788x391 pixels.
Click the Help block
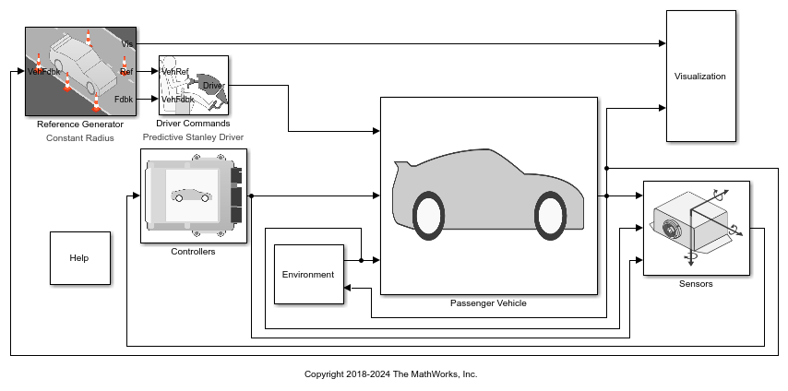tap(80, 258)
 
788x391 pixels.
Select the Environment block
tap(308, 275)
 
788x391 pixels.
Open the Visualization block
tap(701, 76)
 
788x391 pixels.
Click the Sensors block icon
tap(697, 228)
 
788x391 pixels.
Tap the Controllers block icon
tap(194, 196)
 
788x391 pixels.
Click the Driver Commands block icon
tap(194, 86)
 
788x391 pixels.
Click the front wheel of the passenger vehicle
tap(551, 216)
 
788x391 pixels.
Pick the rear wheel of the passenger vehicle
tap(429, 216)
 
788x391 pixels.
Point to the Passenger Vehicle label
tap(488, 303)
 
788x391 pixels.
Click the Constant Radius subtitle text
tap(80, 137)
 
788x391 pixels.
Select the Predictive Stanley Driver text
tap(193, 136)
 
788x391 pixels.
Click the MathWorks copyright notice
tap(391, 373)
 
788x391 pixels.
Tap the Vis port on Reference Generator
tap(127, 44)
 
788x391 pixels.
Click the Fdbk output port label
tap(124, 99)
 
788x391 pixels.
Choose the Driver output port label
tap(213, 86)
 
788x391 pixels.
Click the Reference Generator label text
tap(80, 124)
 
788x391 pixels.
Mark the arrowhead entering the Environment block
tap(348, 288)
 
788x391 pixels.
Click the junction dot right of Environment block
tap(362, 260)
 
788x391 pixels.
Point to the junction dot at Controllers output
tap(251, 195)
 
